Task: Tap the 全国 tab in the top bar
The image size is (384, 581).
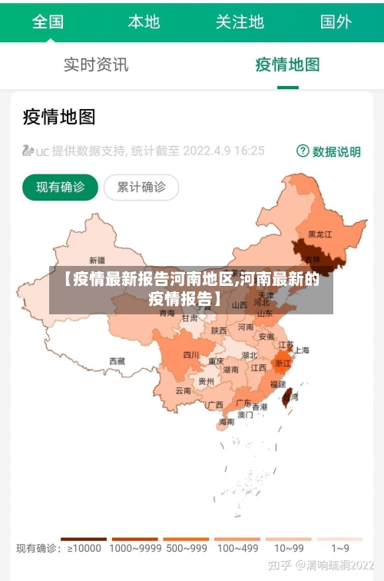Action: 48,22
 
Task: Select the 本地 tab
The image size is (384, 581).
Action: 144,22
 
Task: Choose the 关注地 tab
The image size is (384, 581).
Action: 240,22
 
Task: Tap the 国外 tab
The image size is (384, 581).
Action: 336,22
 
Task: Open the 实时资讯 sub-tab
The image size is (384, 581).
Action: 96,65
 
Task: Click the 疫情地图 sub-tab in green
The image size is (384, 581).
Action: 287,65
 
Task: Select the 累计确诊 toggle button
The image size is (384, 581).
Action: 141,187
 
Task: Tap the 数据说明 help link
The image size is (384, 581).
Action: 329,151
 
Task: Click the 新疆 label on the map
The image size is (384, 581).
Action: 98,260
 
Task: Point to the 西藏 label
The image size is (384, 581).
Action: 117,360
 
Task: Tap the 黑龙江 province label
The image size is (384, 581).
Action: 320,234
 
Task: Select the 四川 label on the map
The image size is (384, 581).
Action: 191,355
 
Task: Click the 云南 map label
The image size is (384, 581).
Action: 184,390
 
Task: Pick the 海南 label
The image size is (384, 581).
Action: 227,421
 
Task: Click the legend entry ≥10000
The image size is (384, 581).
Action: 84,549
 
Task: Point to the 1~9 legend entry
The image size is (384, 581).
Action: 340,549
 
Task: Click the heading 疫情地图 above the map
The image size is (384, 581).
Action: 59,117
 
